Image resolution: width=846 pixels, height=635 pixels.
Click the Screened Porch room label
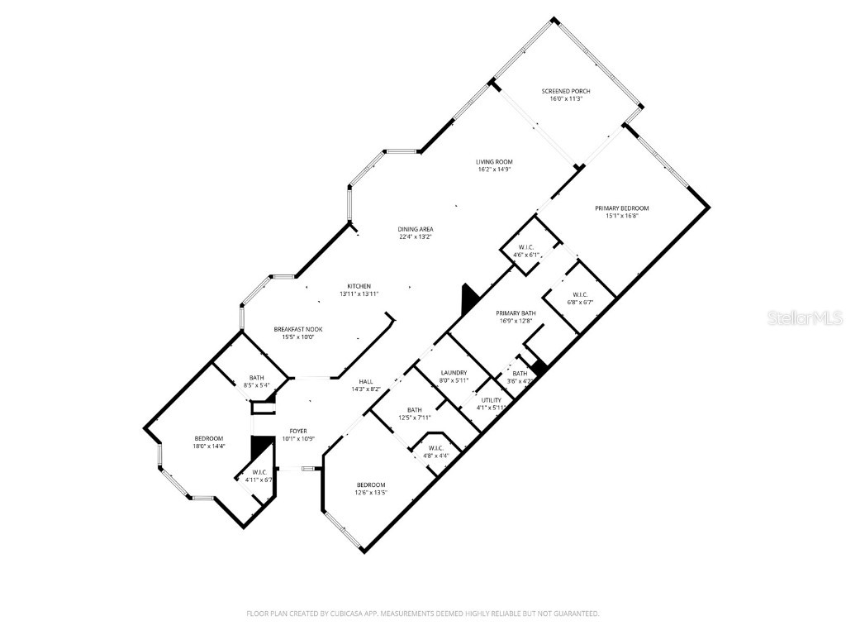tap(566, 91)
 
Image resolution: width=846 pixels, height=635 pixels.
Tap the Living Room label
tap(494, 161)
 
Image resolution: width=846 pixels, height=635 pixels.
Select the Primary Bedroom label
tap(622, 208)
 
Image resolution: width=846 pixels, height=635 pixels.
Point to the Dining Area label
tap(416, 229)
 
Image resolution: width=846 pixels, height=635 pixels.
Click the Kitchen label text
tap(359, 286)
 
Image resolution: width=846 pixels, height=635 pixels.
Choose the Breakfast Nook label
tap(298, 329)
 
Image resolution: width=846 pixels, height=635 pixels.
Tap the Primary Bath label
tap(516, 313)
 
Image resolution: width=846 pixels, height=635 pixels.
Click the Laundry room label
tap(454, 373)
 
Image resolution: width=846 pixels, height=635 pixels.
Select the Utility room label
tap(492, 400)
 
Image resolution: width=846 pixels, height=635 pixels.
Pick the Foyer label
tap(297, 432)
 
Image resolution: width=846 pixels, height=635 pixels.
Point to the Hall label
tap(366, 381)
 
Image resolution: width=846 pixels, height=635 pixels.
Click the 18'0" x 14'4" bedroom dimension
tap(209, 446)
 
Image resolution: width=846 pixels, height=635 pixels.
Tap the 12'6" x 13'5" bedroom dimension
tap(371, 493)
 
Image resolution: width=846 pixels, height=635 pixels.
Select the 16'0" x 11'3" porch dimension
tap(566, 99)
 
